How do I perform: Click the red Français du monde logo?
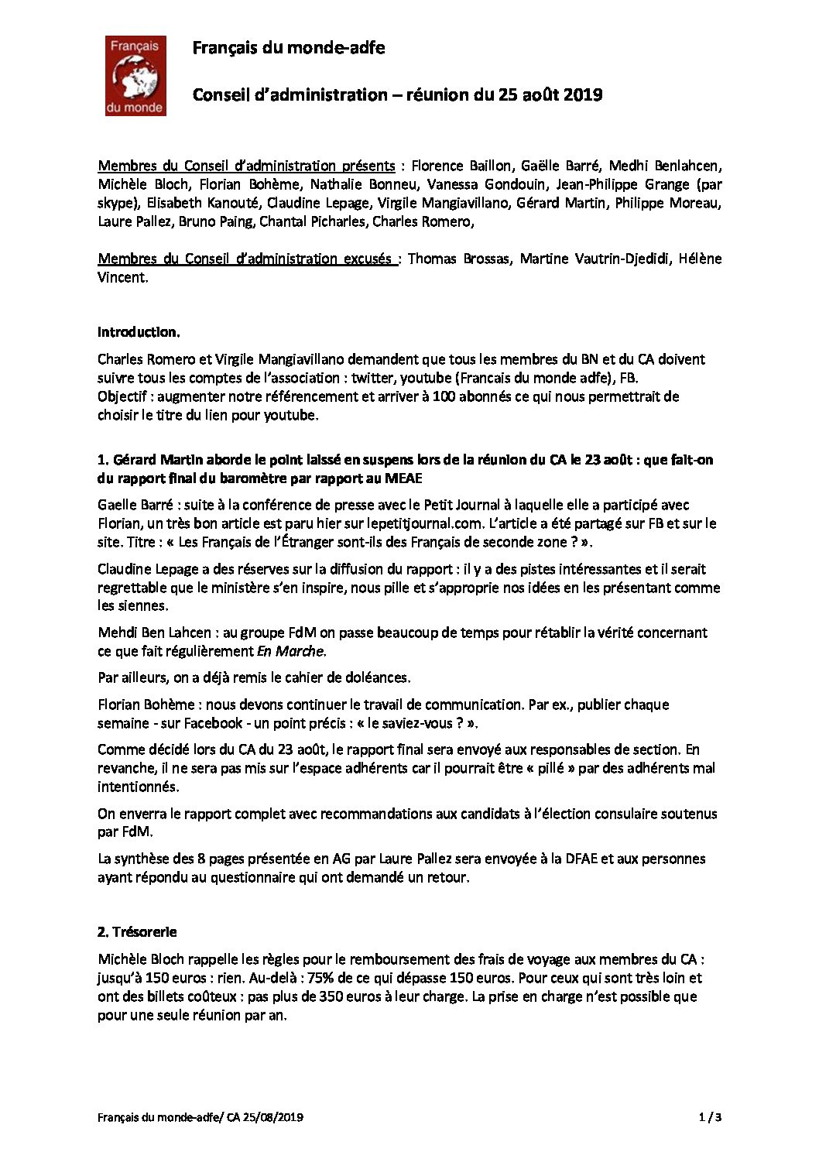(135, 76)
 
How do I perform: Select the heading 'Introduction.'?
(139, 332)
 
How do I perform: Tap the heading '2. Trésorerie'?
(137, 932)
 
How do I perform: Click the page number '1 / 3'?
(710, 1117)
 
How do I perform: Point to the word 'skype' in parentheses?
(115, 204)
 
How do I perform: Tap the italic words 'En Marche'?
(290, 651)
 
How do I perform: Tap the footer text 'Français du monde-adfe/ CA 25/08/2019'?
(200, 1117)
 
